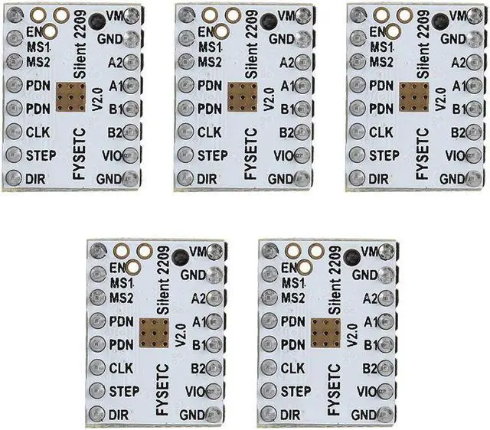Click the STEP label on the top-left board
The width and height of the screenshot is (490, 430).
(41, 156)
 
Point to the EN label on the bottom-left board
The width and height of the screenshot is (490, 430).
(118, 269)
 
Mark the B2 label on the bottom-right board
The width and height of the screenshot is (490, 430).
(371, 368)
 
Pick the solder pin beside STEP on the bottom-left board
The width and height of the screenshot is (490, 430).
(97, 392)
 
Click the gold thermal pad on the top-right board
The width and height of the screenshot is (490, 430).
(413, 97)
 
